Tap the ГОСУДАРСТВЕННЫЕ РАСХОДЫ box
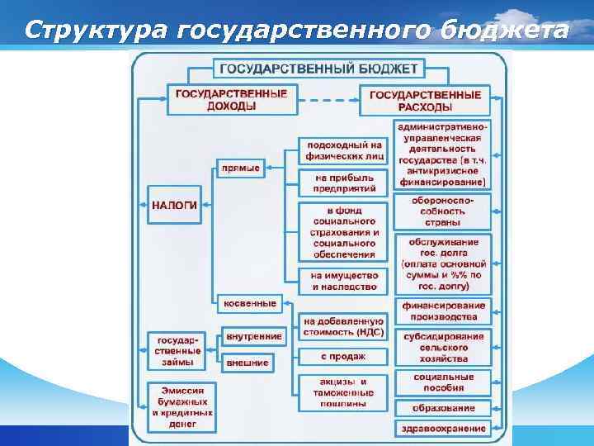425,101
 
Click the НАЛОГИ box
174,205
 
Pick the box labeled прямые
241,168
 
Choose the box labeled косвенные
250,303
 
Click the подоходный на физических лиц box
342,151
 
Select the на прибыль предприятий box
342,183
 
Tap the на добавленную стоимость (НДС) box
343,326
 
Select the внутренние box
253,336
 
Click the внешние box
247,362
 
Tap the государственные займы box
178,351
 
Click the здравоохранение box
443,428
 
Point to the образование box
444,408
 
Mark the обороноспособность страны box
444,211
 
